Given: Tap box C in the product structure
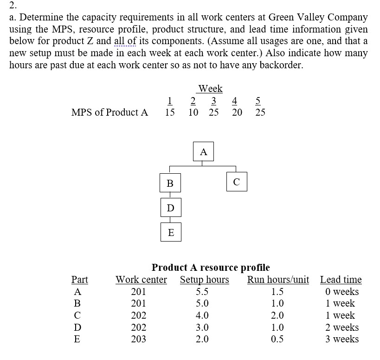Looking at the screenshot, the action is click(x=237, y=182).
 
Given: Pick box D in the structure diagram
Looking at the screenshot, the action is click(x=170, y=207).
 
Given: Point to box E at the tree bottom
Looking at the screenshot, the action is click(x=170, y=232).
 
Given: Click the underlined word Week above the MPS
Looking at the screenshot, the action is click(x=210, y=88).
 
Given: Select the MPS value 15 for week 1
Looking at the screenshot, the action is click(x=170, y=112).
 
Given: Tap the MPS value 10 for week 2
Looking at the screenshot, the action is click(x=193, y=112).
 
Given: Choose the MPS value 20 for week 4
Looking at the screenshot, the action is click(x=237, y=112).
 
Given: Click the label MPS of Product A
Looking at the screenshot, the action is click(x=109, y=112).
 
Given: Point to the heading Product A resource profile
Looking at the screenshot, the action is click(x=211, y=268).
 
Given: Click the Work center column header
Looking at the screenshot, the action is click(x=141, y=280).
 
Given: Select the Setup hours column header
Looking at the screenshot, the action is click(x=204, y=280).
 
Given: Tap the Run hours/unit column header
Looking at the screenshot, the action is click(x=278, y=280).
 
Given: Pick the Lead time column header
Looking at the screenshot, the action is click(x=341, y=280).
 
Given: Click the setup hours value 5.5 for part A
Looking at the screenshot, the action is click(x=202, y=292).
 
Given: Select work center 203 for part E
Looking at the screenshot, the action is click(x=138, y=339).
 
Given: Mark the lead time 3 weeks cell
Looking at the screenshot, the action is click(x=342, y=339).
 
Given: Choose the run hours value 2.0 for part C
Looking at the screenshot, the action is click(x=277, y=315).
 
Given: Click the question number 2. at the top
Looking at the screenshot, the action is click(x=13, y=6).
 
